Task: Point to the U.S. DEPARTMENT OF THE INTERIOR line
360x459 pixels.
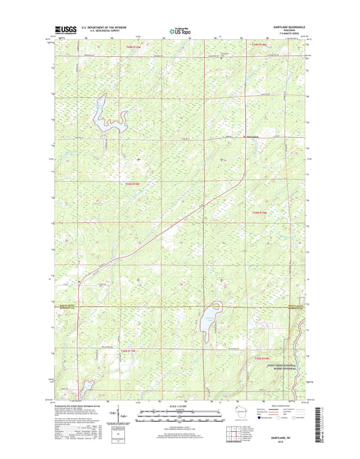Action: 105,28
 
